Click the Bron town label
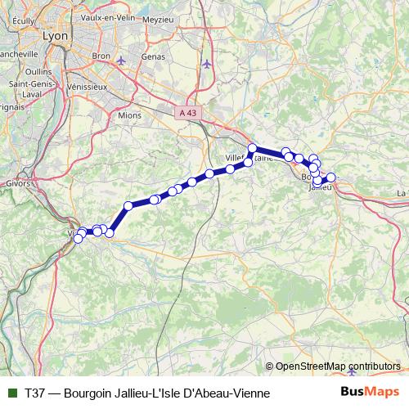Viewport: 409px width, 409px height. [101, 56]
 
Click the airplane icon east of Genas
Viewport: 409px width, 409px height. [206, 63]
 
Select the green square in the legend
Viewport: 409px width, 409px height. [11, 393]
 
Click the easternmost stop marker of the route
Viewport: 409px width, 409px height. [332, 177]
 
